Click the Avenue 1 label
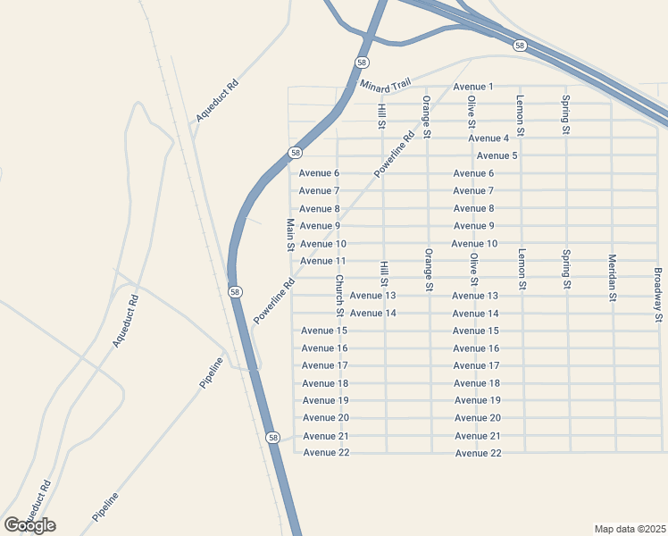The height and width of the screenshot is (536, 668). tap(473, 87)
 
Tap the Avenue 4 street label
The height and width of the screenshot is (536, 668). tap(488, 138)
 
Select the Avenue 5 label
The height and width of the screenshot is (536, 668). tap(497, 156)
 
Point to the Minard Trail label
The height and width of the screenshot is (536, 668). tap(385, 85)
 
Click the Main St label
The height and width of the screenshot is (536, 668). tap(290, 235)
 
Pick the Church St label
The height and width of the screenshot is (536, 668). tap(339, 295)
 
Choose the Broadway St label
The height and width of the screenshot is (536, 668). tap(658, 294)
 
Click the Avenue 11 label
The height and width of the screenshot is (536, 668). tap(322, 261)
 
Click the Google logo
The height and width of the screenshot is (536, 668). tap(29, 525)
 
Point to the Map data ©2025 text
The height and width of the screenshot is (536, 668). tap(630, 528)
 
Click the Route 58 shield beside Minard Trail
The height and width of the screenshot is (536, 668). tap(361, 63)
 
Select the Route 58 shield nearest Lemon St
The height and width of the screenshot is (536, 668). tap(520, 45)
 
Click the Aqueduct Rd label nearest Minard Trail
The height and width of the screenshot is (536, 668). tap(217, 101)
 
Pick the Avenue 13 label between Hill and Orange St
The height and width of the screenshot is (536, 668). tap(372, 296)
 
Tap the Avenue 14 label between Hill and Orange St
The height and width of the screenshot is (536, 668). tap(372, 314)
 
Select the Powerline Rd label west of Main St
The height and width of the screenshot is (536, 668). tap(274, 302)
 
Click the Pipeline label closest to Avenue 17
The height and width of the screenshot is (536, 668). tap(212, 372)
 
